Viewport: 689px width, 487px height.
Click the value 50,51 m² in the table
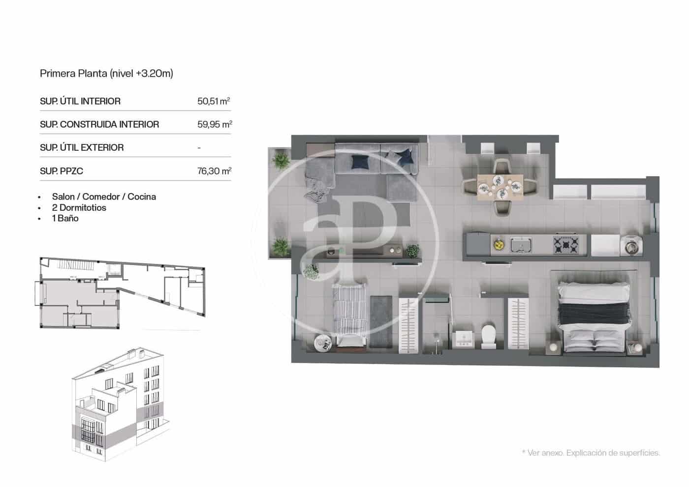[x=214, y=101]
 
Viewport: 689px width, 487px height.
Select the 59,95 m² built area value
[x=215, y=124]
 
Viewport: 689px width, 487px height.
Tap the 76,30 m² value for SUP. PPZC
[x=214, y=171]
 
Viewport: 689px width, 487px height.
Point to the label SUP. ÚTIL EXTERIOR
[x=82, y=147]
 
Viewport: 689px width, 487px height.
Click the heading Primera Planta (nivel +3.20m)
[x=106, y=74]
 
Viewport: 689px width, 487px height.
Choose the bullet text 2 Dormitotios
[x=79, y=207]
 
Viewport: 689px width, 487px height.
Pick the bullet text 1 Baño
[x=65, y=218]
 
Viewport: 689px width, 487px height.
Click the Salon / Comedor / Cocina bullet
[x=104, y=197]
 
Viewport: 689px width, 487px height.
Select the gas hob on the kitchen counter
[x=566, y=244]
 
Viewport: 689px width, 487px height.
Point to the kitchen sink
[x=521, y=244]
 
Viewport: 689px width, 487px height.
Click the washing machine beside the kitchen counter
[x=630, y=245]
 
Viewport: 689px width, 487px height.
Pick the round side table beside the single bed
[x=323, y=342]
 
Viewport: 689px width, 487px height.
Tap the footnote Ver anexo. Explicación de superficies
[x=591, y=453]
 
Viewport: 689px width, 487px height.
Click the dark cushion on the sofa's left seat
[x=359, y=161]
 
